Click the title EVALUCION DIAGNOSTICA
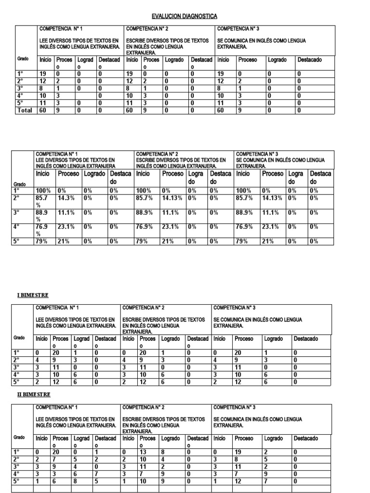point(185,16)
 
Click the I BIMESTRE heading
point(33,295)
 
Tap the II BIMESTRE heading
point(34,394)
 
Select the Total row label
point(25,110)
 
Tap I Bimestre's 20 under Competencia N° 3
point(239,352)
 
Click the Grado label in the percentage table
point(20,184)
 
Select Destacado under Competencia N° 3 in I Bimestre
point(306,339)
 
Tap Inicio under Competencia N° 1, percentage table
point(43,173)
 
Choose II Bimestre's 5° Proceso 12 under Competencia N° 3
point(239,481)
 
